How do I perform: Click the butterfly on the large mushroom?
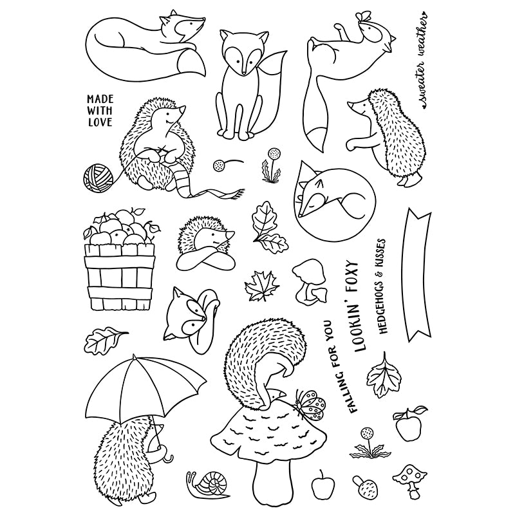(312, 402)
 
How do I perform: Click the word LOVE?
(99, 121)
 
